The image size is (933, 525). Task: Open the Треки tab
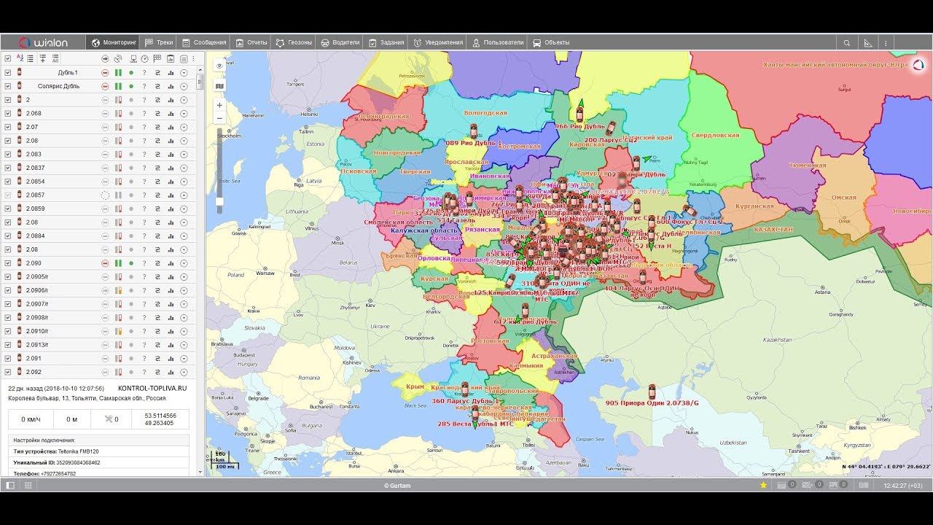[x=160, y=42]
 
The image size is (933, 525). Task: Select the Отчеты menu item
[x=251, y=42]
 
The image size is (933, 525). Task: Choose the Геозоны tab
[x=294, y=42]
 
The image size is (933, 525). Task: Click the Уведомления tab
[x=439, y=42]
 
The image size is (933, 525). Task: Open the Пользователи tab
[x=498, y=42]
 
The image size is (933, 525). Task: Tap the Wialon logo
[x=43, y=42]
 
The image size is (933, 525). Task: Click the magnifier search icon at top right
[x=847, y=43]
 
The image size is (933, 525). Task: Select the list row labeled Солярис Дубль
[x=58, y=86]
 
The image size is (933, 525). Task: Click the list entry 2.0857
[x=35, y=195]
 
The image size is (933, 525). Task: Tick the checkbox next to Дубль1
[x=8, y=72]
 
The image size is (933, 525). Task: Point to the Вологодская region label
[x=485, y=113]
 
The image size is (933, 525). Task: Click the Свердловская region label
[x=715, y=135]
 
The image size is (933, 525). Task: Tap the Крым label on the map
[x=415, y=387]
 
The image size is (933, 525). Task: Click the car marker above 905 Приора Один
[x=652, y=391]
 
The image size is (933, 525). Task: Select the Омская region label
[x=843, y=197]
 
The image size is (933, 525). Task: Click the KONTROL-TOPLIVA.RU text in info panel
[x=152, y=389]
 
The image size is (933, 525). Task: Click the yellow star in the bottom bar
[x=763, y=485]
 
